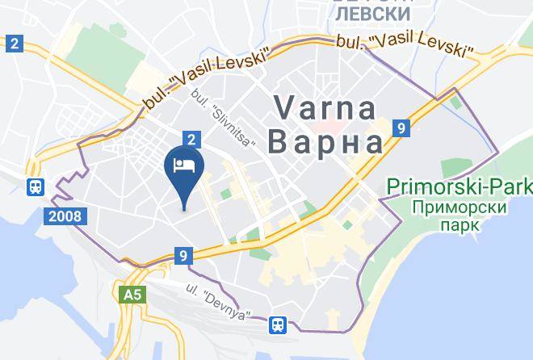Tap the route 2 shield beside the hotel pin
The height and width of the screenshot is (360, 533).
(x=191, y=140)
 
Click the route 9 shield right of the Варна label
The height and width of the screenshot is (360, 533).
(x=401, y=128)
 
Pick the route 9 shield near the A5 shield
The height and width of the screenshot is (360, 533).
(x=184, y=256)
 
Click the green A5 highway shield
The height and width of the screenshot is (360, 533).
(x=132, y=295)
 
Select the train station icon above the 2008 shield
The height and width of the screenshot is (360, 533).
(x=36, y=187)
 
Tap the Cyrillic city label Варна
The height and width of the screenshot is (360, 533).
(x=325, y=143)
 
